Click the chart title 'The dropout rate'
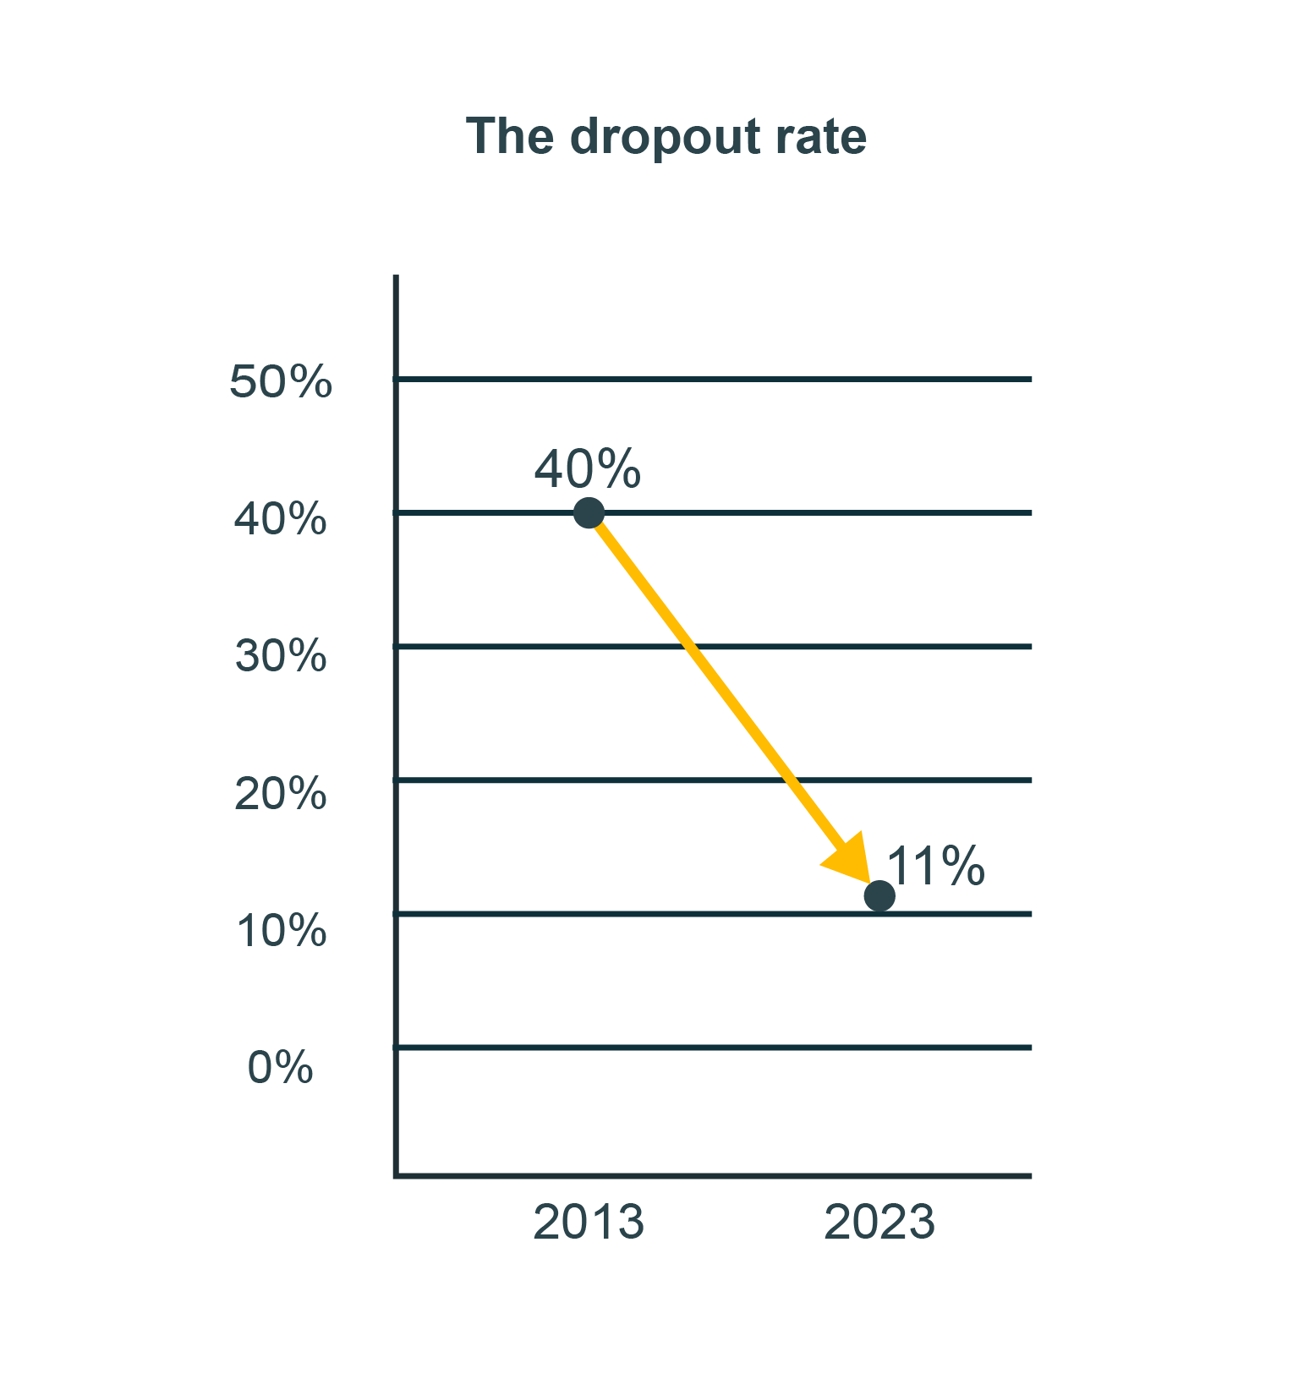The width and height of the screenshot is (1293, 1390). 666,136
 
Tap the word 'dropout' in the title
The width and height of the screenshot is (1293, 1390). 665,138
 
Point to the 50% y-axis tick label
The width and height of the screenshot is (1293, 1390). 281,381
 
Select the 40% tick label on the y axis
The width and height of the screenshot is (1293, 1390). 281,518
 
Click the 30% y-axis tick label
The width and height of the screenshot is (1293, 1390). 281,656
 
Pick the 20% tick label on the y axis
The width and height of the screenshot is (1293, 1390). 281,794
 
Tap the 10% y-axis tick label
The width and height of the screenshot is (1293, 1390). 282,931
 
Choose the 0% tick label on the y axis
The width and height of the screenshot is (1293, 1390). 281,1067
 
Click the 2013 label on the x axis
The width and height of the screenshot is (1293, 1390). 589,1223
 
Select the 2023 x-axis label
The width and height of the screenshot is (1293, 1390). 879,1223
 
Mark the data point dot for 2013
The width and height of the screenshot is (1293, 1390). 589,512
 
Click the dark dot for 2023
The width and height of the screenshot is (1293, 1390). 879,896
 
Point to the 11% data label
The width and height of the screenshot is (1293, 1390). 935,866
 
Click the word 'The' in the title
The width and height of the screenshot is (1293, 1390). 509,136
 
